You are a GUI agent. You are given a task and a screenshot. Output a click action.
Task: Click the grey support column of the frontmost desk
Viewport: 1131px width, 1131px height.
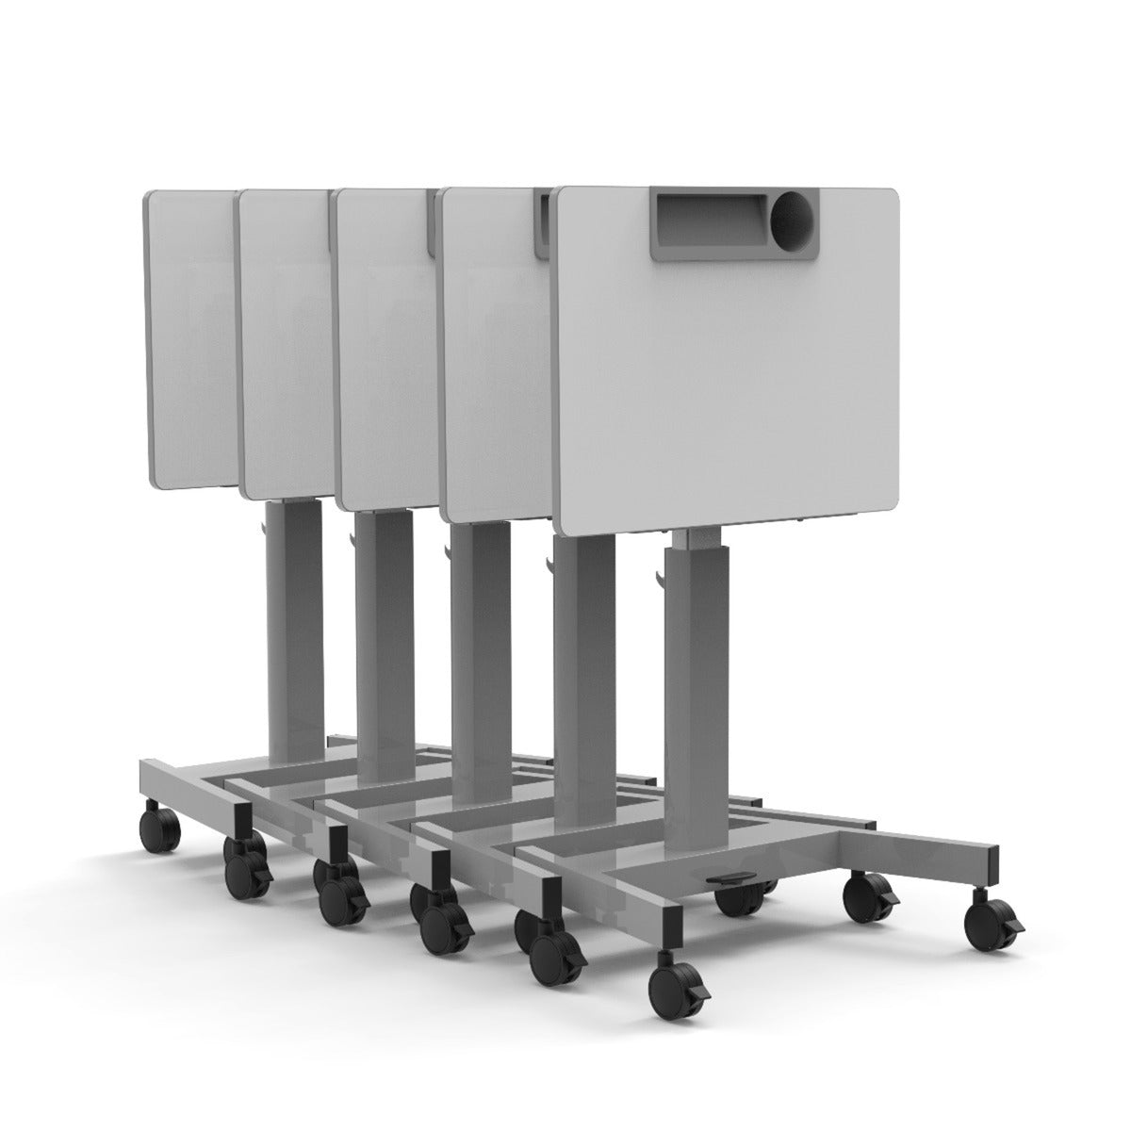coord(689,679)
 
